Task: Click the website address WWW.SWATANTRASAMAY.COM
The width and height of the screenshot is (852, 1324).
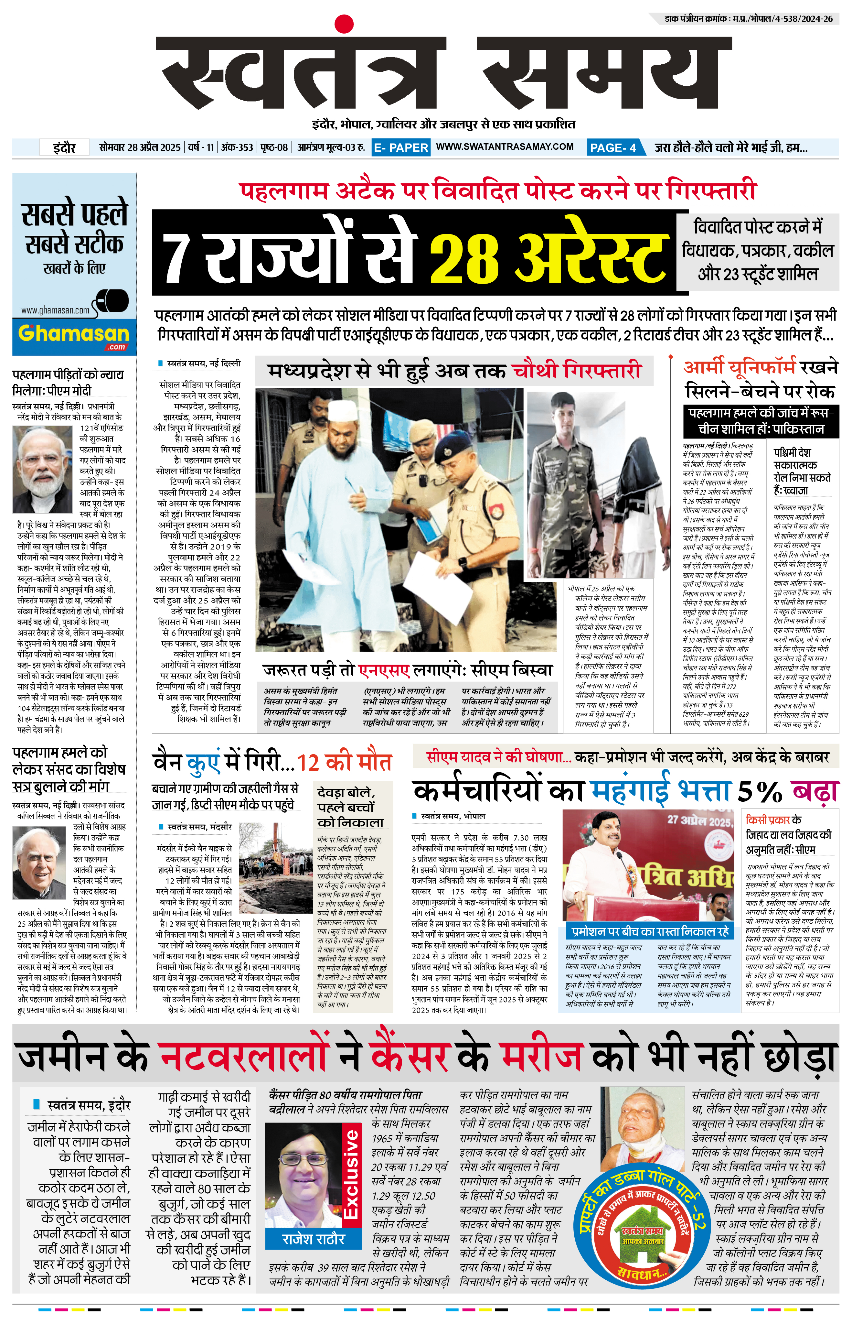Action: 505,147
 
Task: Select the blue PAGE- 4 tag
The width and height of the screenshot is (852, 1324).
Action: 613,147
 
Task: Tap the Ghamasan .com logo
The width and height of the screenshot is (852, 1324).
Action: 74,335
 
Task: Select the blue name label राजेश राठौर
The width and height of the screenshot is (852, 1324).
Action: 313,1238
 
